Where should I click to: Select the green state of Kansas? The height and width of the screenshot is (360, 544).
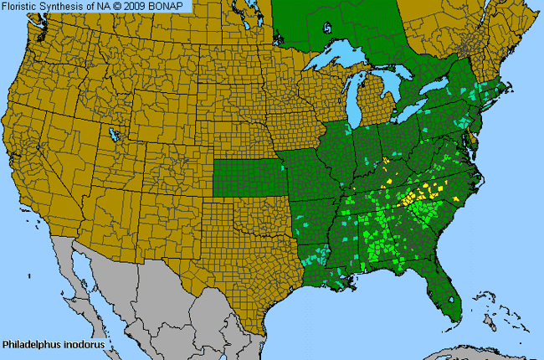(246, 172)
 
